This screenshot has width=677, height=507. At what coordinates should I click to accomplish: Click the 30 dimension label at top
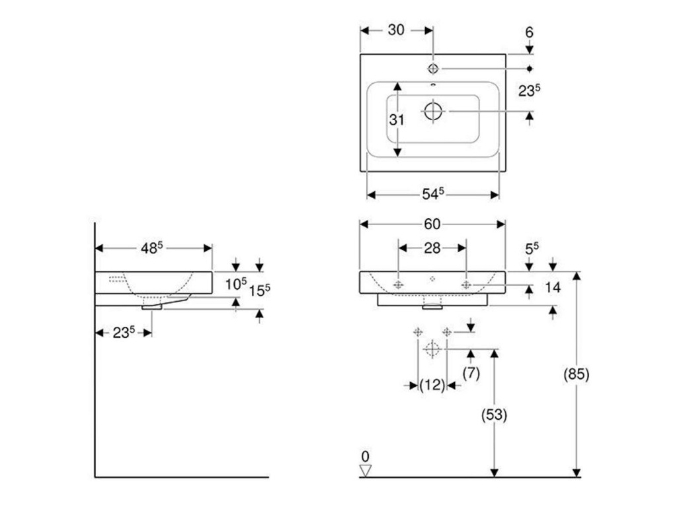[396, 30]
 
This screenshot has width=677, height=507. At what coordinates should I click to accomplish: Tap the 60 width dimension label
[432, 224]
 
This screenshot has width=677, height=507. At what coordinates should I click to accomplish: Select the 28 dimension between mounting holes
[432, 248]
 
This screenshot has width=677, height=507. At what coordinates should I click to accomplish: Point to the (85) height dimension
[576, 374]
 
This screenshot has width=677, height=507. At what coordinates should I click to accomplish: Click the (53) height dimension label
[495, 415]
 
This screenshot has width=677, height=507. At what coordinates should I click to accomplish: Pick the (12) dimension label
[432, 385]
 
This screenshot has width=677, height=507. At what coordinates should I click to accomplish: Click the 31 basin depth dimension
[397, 119]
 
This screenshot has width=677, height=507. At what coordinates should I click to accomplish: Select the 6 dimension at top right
[530, 32]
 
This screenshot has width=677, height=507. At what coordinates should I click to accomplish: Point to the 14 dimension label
[553, 287]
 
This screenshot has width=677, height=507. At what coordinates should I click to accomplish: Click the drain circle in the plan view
[433, 111]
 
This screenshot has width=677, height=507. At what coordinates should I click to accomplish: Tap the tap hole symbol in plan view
[433, 69]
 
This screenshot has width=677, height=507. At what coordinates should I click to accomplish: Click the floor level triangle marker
[365, 470]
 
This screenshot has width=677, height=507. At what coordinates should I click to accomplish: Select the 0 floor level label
[365, 456]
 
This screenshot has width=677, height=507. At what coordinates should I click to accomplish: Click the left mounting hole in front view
[398, 285]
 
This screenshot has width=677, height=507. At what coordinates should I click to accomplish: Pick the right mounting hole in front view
[466, 285]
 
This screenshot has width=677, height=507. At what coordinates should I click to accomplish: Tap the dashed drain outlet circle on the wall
[432, 349]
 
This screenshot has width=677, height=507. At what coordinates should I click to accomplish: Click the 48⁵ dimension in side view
[151, 248]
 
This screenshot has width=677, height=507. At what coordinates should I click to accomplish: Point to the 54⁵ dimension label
[432, 194]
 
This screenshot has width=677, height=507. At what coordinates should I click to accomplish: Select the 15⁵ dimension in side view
[259, 290]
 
